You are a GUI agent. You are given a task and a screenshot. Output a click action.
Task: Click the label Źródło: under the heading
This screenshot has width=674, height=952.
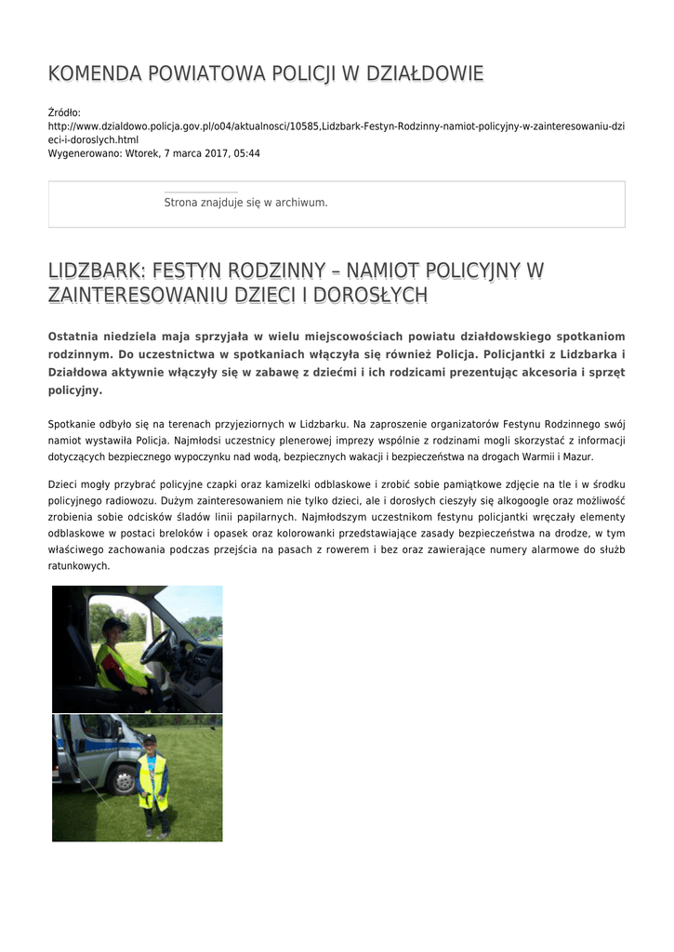coord(64,112)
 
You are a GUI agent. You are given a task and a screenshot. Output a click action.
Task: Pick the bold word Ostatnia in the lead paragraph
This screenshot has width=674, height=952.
coord(77,336)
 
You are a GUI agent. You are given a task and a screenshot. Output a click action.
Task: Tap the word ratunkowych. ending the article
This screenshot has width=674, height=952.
coord(79,565)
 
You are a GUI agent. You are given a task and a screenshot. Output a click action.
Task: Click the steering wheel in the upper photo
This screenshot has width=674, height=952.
coord(155,645)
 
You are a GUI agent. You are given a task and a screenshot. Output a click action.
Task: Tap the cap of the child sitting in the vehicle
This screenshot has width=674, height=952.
coord(113,625)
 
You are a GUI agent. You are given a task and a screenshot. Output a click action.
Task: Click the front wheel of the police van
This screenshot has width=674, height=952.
coord(123,780)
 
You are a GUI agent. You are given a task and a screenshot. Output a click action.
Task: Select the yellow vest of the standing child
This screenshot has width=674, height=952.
coord(152,781)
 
